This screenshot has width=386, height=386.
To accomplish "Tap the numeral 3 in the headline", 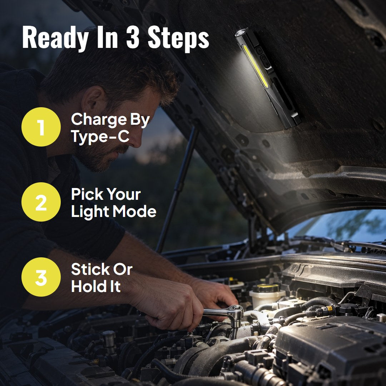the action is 133,37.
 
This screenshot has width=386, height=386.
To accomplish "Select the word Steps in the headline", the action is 178,39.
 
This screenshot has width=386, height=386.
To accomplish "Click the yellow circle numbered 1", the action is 41,127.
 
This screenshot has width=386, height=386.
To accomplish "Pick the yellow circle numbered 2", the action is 41,202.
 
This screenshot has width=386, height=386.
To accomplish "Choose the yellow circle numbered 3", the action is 41,277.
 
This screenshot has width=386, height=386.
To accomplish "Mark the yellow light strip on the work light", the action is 256,66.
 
